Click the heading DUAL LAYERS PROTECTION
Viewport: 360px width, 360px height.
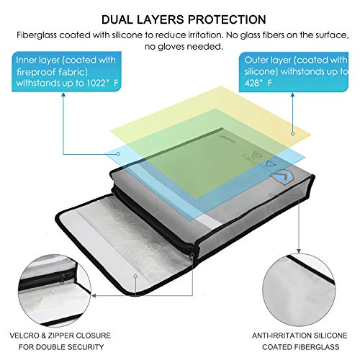[184, 19]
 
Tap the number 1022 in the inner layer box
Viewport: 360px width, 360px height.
[96, 83]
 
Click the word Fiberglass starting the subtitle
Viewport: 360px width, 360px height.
[37, 35]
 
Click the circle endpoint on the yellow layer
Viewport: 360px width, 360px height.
[292, 133]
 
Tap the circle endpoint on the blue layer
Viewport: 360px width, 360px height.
[118, 153]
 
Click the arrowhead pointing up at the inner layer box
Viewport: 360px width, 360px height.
[63, 94]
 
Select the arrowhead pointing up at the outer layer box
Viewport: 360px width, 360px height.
[292, 94]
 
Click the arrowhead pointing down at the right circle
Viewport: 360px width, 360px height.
[299, 251]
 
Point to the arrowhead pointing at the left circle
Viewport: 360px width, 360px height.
[94, 296]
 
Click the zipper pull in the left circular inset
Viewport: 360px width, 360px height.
[62, 279]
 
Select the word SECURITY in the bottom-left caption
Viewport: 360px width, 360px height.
[86, 347]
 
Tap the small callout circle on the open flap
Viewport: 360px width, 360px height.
[135, 276]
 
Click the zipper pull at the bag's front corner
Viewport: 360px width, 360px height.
[192, 256]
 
